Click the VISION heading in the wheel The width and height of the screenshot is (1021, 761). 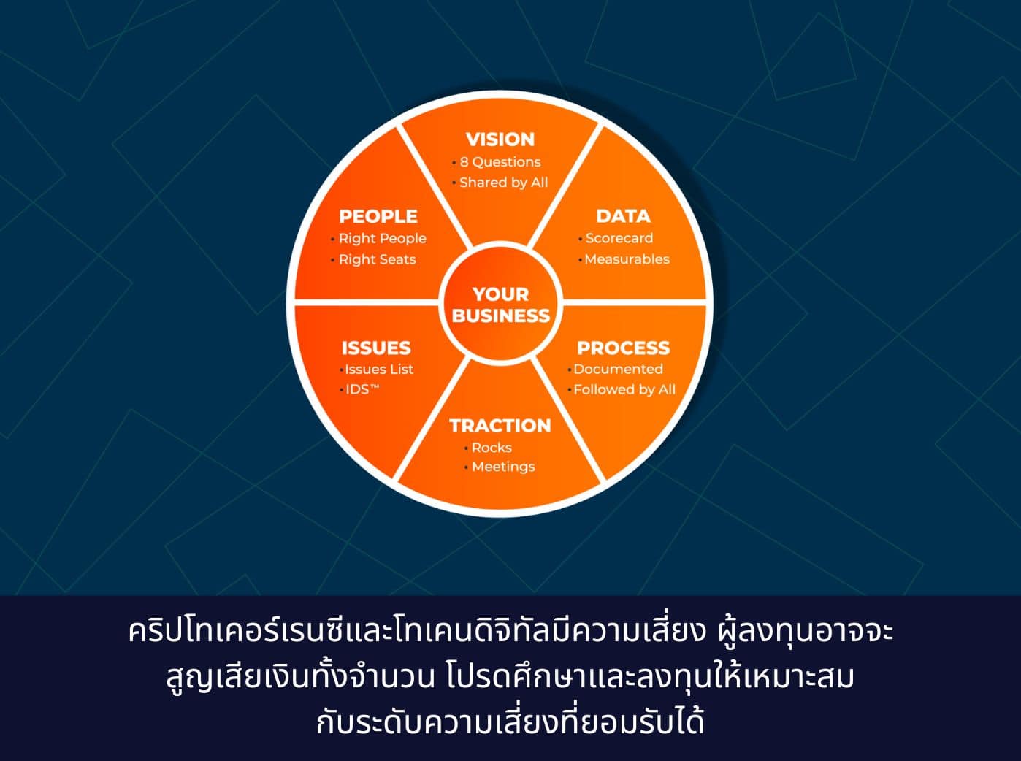tap(500, 139)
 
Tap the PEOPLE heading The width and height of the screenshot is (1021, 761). tap(378, 216)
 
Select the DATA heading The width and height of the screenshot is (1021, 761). tap(623, 216)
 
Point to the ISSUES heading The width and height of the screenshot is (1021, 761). tap(376, 348)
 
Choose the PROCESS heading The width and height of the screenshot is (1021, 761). tap(623, 348)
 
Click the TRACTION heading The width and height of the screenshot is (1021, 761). tap(500, 426)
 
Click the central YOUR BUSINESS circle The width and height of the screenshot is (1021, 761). tap(500, 305)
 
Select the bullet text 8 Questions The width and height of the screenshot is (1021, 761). tap(500, 162)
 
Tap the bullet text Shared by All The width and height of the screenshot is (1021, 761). tap(503, 183)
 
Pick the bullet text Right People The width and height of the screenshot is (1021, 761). tap(382, 238)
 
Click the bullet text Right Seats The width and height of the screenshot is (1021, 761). tap(377, 259)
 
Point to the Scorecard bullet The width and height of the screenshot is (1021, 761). tap(619, 238)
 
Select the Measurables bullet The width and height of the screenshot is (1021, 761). tap(627, 259)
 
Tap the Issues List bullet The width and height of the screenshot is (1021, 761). tap(379, 370)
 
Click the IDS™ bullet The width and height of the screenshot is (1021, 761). tap(362, 389)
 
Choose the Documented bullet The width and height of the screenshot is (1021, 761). tap(618, 370)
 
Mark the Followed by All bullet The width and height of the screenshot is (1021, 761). tap(624, 390)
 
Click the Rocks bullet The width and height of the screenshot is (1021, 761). tap(492, 448)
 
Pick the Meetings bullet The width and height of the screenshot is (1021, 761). tap(503, 467)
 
